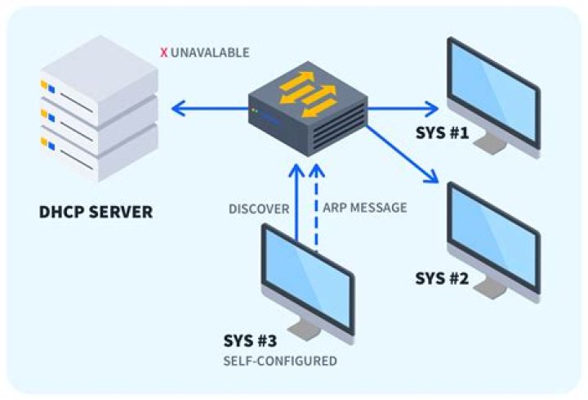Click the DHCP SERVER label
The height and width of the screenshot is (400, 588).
(96, 213)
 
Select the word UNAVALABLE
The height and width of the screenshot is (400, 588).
(210, 53)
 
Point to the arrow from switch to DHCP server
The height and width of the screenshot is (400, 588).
(208, 107)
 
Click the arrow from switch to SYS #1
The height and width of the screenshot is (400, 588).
(404, 107)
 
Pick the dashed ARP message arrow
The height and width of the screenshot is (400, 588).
(318, 204)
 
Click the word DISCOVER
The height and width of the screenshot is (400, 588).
(260, 209)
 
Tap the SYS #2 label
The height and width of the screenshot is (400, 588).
(442, 277)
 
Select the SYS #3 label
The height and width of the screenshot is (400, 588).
(251, 340)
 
